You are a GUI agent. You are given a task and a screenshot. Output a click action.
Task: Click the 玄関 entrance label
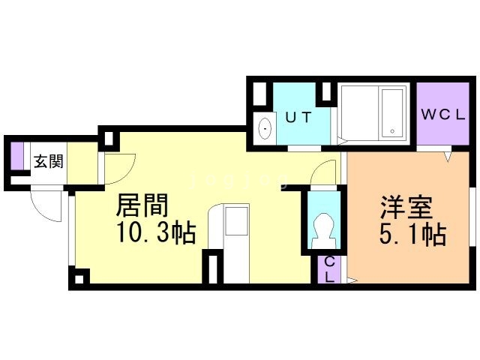[x=47, y=161]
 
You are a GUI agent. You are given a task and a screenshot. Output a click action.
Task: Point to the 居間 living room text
[x=142, y=205]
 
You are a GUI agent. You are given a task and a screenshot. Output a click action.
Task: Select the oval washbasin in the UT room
[x=265, y=129]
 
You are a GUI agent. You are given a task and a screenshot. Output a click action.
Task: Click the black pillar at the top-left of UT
[x=259, y=92]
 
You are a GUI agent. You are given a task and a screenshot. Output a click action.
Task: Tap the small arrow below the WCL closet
[x=448, y=156]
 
